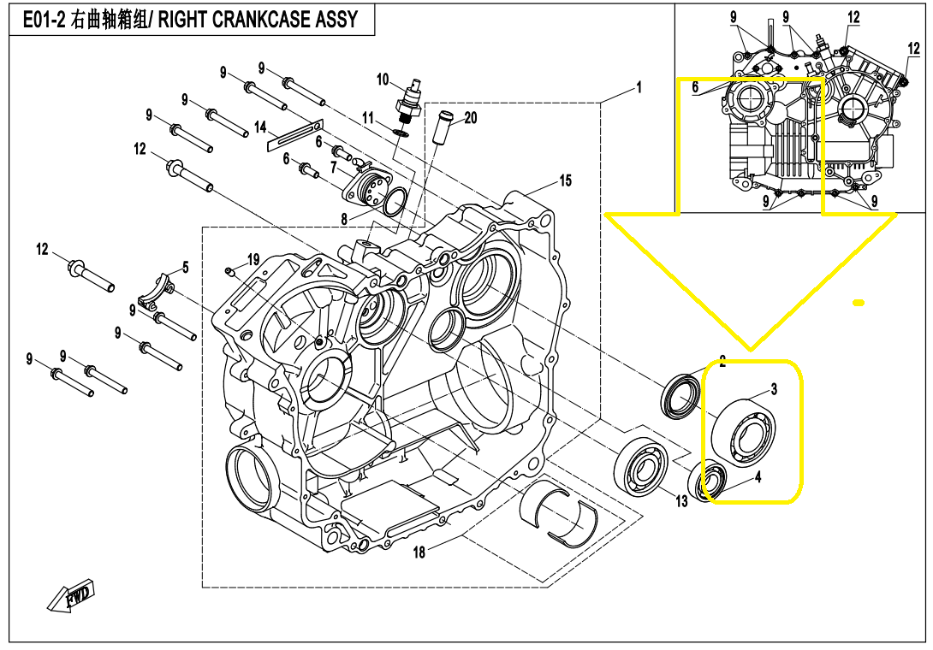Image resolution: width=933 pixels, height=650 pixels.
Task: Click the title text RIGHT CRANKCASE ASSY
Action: click(x=258, y=19)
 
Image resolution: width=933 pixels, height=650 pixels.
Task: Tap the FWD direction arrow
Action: click(x=72, y=595)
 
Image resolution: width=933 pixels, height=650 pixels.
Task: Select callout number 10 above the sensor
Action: click(x=383, y=80)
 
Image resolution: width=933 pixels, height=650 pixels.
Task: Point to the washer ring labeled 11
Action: click(x=401, y=132)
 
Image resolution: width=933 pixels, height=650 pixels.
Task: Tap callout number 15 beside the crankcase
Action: click(x=565, y=180)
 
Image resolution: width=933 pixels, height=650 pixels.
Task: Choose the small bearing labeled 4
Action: click(x=710, y=481)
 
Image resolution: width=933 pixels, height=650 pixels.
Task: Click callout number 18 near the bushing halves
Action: click(x=419, y=552)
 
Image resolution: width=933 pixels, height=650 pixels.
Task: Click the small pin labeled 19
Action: click(x=230, y=272)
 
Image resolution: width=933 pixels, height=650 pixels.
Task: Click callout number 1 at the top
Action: click(x=638, y=86)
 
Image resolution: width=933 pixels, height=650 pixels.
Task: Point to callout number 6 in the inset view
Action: click(x=695, y=86)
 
